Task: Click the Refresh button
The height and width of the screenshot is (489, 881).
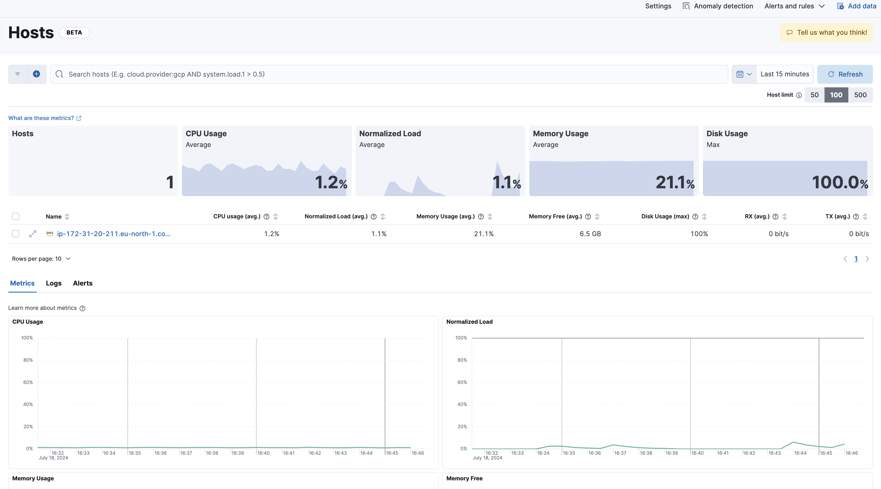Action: pos(845,74)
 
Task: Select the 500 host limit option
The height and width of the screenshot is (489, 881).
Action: pos(860,95)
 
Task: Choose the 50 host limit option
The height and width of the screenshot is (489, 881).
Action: pos(814,95)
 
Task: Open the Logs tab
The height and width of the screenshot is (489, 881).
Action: pos(54,283)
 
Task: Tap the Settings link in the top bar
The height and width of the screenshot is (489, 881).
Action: pos(658,6)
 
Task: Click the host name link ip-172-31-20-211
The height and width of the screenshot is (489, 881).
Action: pos(113,234)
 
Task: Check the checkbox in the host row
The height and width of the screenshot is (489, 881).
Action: pos(15,234)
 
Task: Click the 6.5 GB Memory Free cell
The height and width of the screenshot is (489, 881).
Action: pos(590,234)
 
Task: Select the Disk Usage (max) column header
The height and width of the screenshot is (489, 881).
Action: pos(665,216)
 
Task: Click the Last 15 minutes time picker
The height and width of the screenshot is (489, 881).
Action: pos(785,74)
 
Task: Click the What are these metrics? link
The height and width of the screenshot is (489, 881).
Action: pos(41,118)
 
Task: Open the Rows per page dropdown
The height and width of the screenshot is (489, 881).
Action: pos(41,259)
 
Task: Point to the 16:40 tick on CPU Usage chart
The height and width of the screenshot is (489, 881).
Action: pos(263,453)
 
